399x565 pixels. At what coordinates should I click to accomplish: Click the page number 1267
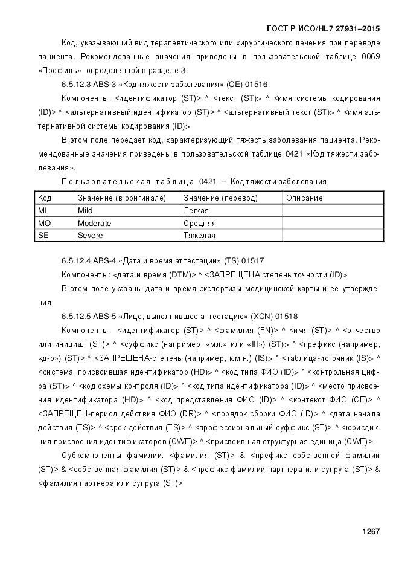(x=371, y=532)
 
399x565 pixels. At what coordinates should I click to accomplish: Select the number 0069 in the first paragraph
(x=369, y=56)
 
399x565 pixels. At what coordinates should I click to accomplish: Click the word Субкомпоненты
(x=90, y=455)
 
